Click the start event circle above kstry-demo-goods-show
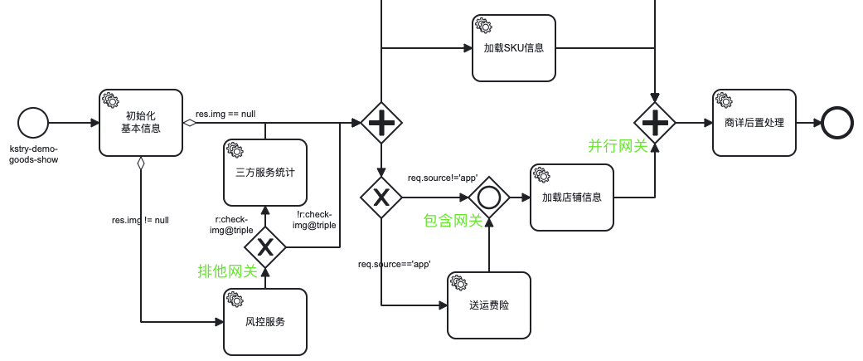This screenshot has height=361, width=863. (33, 123)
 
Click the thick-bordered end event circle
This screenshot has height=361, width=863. (837, 123)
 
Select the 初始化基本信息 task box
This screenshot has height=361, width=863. (141, 123)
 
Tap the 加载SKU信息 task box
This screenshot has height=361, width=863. (514, 48)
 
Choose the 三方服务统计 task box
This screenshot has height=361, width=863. (265, 173)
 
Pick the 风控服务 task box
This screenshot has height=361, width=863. (265, 321)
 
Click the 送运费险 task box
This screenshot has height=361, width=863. (489, 305)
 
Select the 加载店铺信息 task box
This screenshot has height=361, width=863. (572, 198)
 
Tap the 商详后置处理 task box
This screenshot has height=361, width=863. (754, 123)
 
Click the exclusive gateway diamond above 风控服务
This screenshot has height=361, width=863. (265, 247)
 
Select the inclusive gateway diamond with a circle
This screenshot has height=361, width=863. (489, 198)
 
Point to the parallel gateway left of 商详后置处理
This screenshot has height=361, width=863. (655, 123)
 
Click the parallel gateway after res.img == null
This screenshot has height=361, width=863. (381, 123)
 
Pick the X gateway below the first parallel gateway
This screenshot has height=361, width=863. (381, 198)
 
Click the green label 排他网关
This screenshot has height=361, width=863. (227, 271)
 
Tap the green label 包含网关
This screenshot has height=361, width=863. (453, 221)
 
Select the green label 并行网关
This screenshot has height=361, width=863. (618, 146)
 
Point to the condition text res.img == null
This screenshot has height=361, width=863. (225, 115)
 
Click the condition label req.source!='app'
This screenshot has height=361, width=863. (443, 178)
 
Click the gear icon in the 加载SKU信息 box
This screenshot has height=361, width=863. (482, 25)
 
